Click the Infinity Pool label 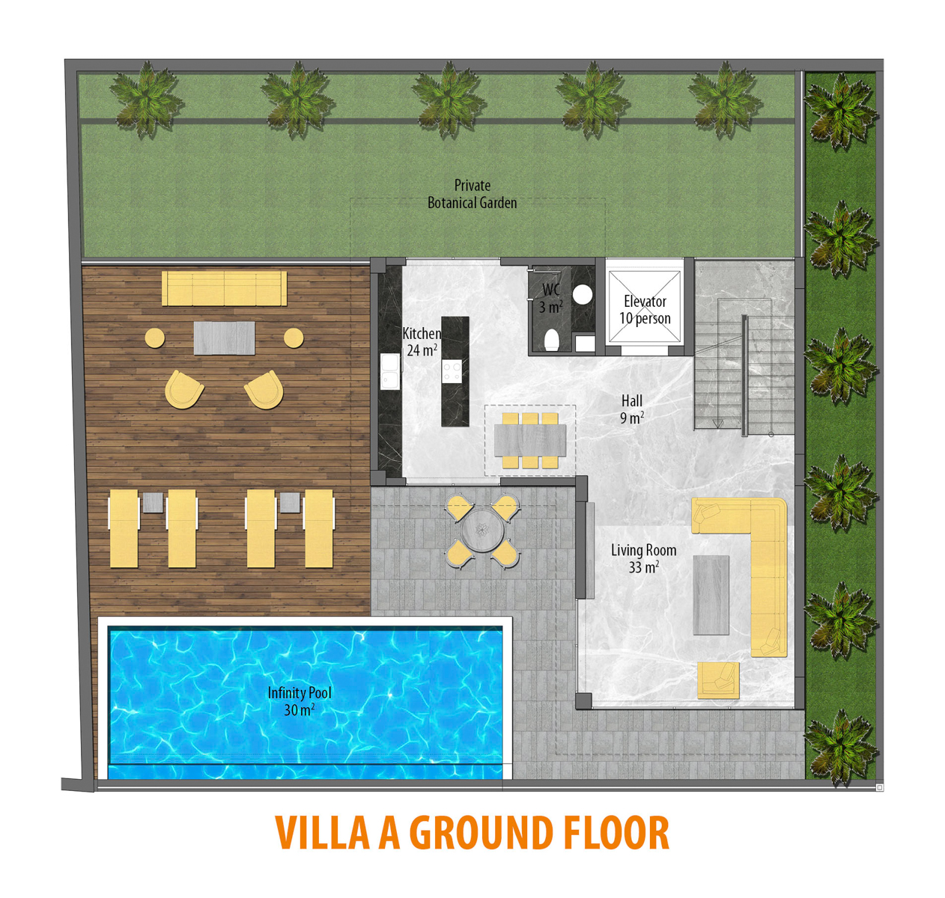point(300,701)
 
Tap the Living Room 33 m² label point(643,559)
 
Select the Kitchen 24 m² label point(422,342)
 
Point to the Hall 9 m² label point(631,409)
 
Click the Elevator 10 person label point(645,310)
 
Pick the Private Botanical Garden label point(472,194)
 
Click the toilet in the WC point(551,340)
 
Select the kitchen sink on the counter point(390,371)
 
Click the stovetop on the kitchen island point(452,371)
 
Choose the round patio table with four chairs point(482,531)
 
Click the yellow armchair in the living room point(718,680)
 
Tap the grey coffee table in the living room point(711,595)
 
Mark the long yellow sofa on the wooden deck point(224,288)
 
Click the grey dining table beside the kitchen point(529,440)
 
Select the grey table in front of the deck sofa point(224,338)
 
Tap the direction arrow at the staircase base point(717,424)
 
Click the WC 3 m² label point(551,299)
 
